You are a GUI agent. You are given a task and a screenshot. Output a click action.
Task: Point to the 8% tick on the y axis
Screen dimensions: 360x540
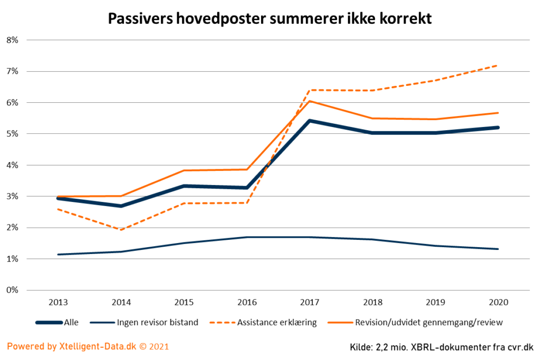[x=12, y=40]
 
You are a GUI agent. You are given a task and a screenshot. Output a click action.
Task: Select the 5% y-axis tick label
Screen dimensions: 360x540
[x=12, y=134]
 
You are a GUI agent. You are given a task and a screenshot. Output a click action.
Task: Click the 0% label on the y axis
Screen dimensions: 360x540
[x=12, y=290]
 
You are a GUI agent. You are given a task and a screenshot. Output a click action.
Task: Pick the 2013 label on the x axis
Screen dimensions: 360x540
[x=57, y=303]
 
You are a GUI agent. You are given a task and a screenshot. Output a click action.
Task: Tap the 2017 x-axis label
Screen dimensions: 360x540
[x=310, y=303]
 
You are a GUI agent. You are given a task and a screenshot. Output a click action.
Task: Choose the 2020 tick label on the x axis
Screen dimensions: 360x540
[x=498, y=303]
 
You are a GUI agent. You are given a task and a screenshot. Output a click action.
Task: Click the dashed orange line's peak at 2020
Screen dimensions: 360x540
[x=498, y=65]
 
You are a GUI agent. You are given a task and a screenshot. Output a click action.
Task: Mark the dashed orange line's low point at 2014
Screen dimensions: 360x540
[x=121, y=230]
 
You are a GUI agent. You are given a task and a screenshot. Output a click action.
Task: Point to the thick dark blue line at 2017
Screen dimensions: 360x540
[x=310, y=121]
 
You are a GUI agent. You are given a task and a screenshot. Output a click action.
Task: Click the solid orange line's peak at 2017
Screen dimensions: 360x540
[x=310, y=101]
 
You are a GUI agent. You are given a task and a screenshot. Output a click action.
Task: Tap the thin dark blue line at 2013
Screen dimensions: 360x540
[x=58, y=255]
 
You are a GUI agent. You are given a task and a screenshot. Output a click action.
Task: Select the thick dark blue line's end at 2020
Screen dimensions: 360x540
[x=498, y=128]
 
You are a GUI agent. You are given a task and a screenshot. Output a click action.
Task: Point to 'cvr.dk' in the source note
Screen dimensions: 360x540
[x=519, y=347]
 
